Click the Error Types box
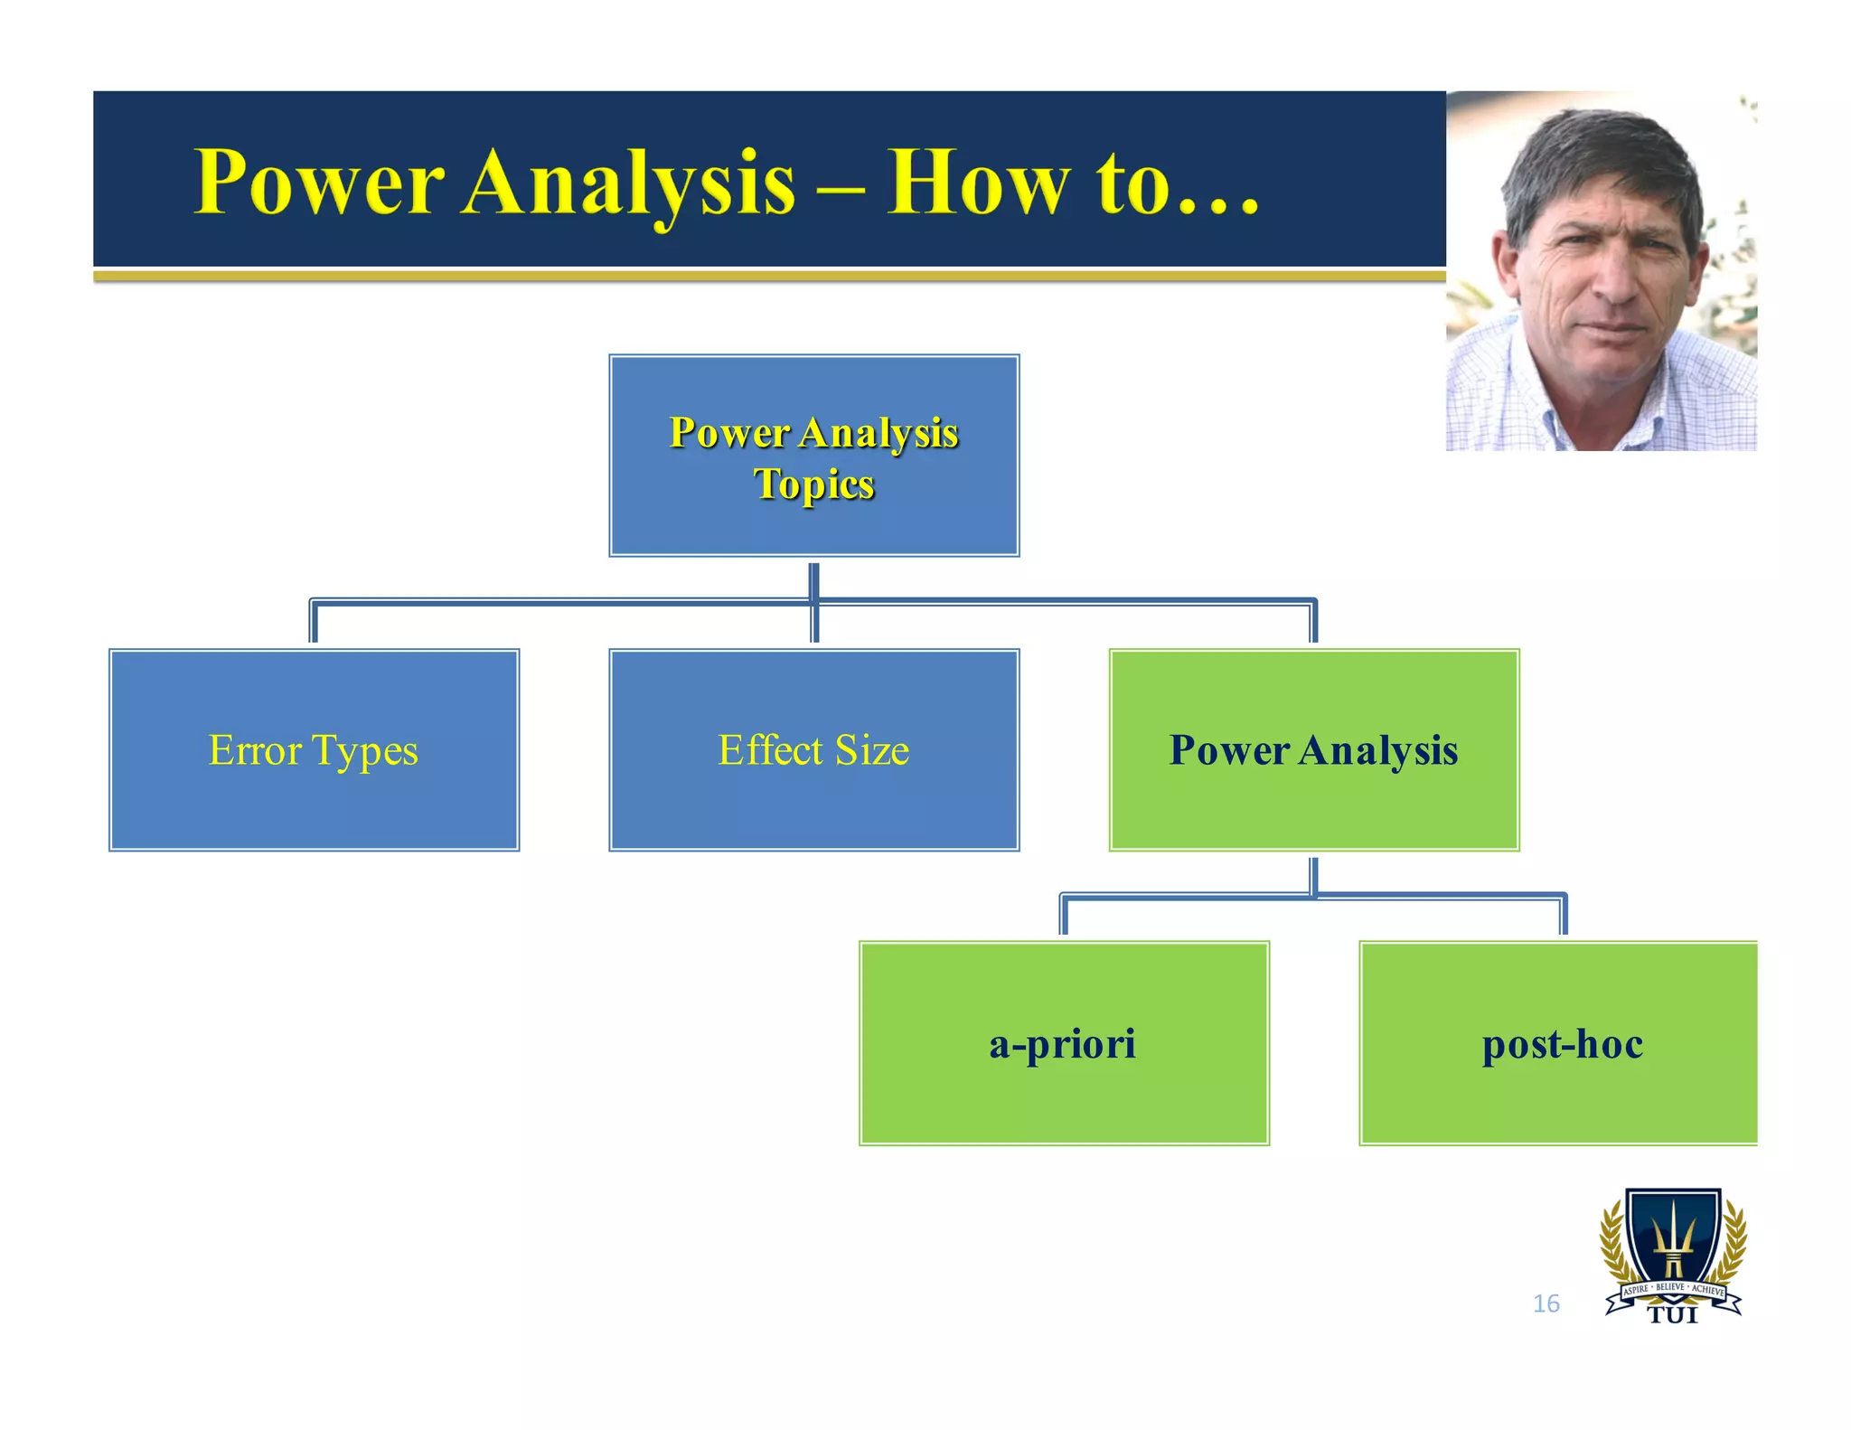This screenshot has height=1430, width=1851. click(x=314, y=749)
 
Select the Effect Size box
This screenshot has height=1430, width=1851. click(x=813, y=749)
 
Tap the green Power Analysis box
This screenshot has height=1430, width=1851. click(x=1313, y=749)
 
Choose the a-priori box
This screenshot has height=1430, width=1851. click(x=1064, y=1043)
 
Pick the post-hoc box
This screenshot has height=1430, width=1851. click(x=1561, y=1043)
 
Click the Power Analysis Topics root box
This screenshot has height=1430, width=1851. click(x=813, y=456)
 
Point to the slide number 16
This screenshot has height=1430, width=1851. click(x=1546, y=1303)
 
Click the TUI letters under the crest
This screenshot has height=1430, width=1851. click(x=1673, y=1316)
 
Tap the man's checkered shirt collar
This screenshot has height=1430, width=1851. click(x=1536, y=398)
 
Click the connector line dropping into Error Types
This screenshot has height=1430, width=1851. click(x=314, y=624)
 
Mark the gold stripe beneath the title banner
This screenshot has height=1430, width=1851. click(x=768, y=276)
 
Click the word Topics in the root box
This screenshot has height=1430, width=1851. click(x=813, y=484)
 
